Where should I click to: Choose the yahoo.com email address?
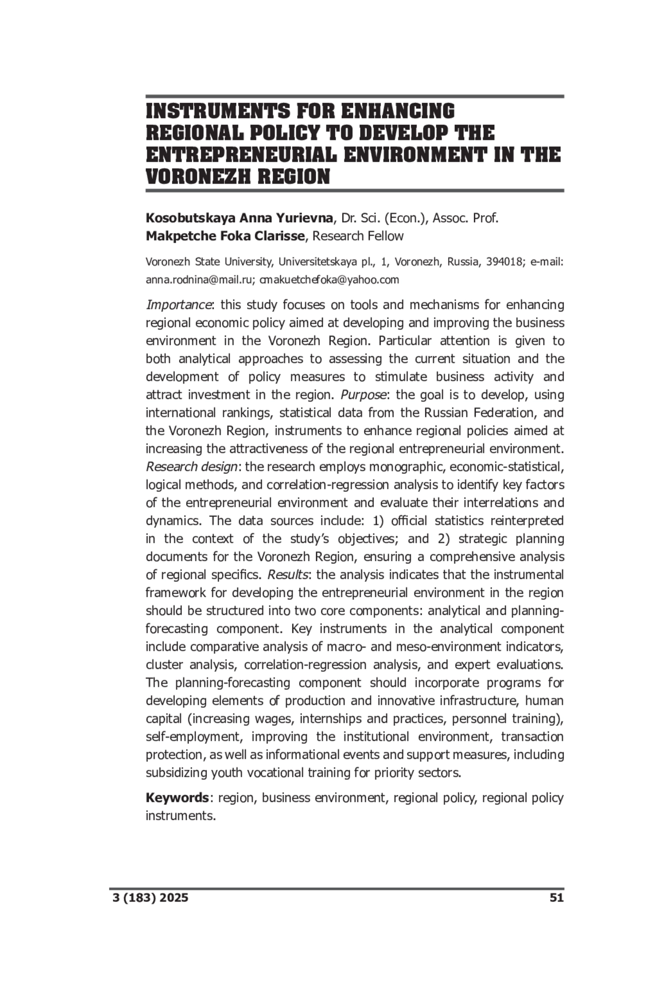click(x=329, y=280)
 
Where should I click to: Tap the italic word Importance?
click(x=178, y=305)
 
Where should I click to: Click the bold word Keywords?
click(x=177, y=798)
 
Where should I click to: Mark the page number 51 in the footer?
click(x=556, y=898)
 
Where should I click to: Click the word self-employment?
click(x=193, y=736)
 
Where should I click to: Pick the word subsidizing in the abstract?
click(x=176, y=773)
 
